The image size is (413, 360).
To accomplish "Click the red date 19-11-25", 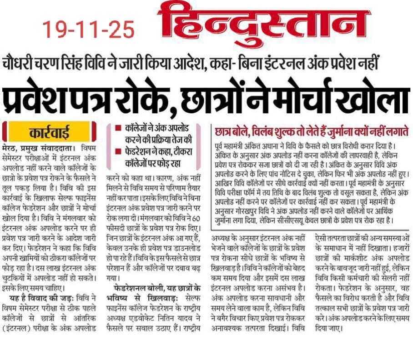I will [89, 29].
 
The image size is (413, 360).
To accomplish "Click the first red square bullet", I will [118, 129].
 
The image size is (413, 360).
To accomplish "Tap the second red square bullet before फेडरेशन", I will [118, 150].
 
